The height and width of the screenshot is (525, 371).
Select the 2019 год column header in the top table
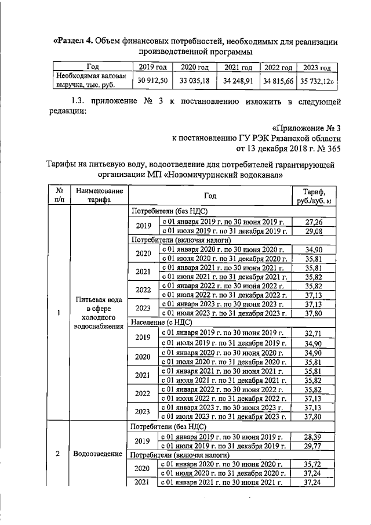(x=151, y=67)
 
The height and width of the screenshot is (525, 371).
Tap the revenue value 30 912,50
(x=151, y=81)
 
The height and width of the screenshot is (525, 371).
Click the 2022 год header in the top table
(x=278, y=67)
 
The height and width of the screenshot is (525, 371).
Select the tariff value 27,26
(x=314, y=222)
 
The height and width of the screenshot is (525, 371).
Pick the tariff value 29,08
(x=314, y=231)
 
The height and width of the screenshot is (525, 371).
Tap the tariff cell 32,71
(x=314, y=332)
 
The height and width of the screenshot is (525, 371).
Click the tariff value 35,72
(x=314, y=464)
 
